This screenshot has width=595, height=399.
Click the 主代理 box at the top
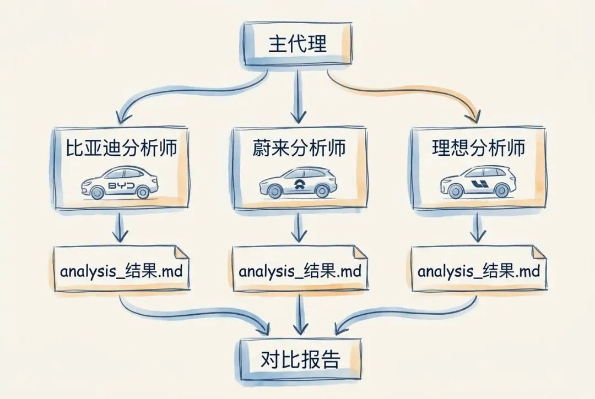click(297, 44)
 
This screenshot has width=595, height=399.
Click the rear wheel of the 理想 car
click(501, 191)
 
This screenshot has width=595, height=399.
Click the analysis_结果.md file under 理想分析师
click(478, 271)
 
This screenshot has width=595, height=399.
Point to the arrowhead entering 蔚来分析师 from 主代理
click(298, 117)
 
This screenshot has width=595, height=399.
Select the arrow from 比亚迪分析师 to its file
click(120, 227)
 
